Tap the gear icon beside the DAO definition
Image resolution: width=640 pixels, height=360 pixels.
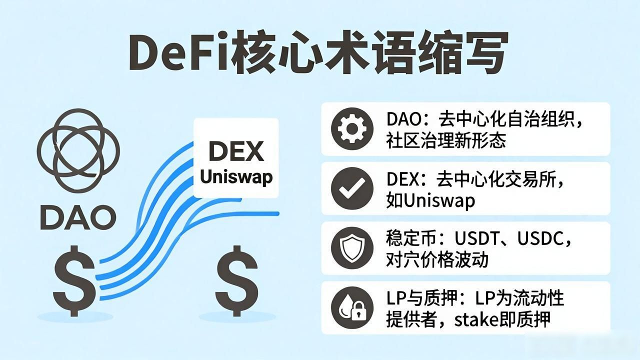[352, 129]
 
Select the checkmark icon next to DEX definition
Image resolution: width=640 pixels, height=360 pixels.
[352, 188]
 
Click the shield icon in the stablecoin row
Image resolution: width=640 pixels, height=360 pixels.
[352, 248]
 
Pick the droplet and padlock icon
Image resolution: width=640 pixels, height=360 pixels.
[352, 307]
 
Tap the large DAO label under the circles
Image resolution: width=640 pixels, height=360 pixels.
[78, 217]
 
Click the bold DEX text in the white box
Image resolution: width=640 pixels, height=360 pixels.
[236, 151]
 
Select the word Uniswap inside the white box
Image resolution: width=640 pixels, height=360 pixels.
[236, 177]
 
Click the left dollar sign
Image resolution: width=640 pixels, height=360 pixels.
[74, 281]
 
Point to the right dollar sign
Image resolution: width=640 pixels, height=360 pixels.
[236, 281]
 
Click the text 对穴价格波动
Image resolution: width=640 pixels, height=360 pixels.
[437, 259]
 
